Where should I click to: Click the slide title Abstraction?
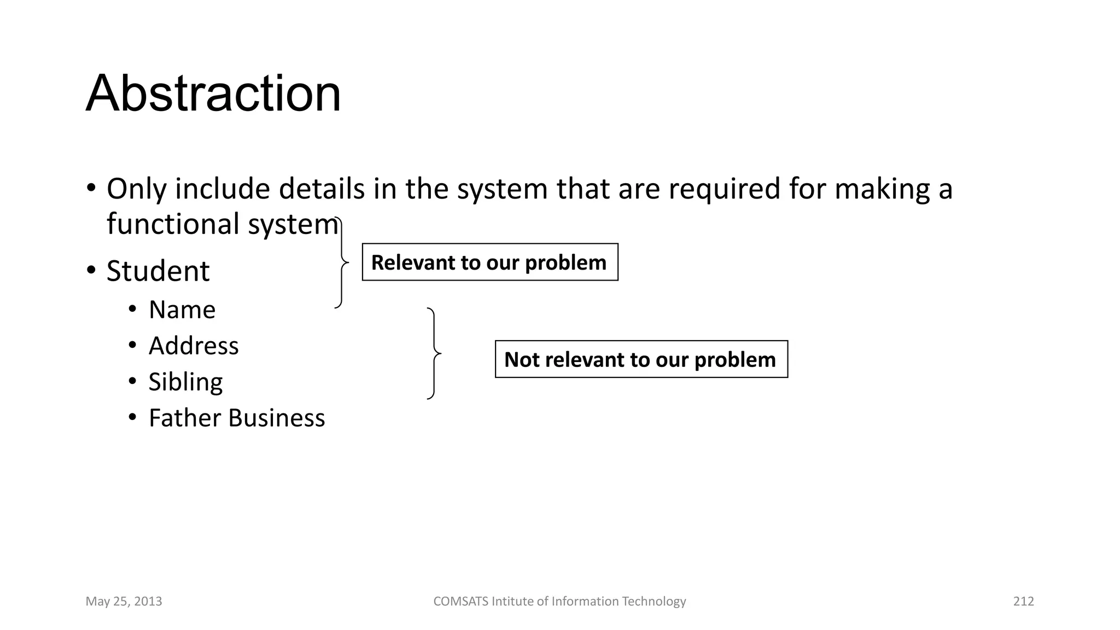click(x=213, y=94)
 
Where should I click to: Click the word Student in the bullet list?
click(x=157, y=271)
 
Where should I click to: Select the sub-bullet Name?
click(x=182, y=310)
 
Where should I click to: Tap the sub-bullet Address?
click(x=194, y=346)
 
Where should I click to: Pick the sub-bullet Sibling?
click(x=185, y=382)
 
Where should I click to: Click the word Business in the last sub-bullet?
click(x=276, y=418)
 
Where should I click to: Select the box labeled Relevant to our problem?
click(x=489, y=262)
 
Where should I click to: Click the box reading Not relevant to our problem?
click(x=641, y=359)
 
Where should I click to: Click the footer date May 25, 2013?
click(x=124, y=602)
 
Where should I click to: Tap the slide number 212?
click(x=1023, y=602)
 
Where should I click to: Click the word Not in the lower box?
click(x=521, y=360)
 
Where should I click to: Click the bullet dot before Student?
click(x=91, y=270)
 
